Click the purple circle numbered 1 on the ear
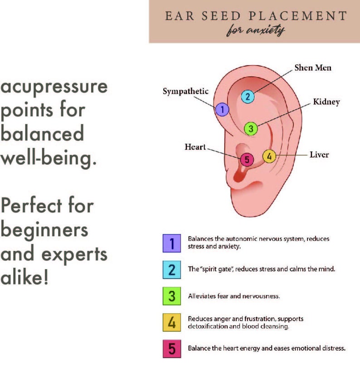222,109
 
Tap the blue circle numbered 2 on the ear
248,96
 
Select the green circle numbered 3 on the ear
251,128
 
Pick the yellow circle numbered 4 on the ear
269,156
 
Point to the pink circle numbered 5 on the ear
246,160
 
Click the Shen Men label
313,68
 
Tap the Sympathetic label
186,92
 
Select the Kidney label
326,102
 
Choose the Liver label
319,155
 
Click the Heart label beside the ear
195,147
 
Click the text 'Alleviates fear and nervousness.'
234,296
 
